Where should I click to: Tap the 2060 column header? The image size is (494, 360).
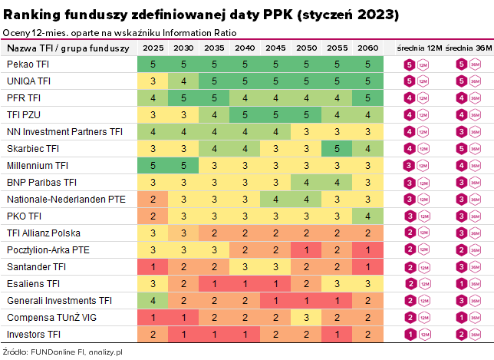tap(367, 48)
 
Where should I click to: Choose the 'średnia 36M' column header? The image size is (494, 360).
tap(468, 48)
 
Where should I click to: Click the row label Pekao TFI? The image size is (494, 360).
tap(27, 64)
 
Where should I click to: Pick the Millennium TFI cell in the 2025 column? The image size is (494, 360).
tap(153, 165)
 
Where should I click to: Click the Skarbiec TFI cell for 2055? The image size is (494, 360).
tap(337, 148)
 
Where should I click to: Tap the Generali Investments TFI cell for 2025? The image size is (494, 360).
tap(153, 300)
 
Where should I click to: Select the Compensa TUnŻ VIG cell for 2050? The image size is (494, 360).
tap(306, 317)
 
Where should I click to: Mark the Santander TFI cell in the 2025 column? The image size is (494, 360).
tap(153, 266)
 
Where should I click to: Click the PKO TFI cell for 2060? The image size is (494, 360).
tap(367, 216)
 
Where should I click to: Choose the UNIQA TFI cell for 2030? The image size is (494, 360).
tap(183, 81)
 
